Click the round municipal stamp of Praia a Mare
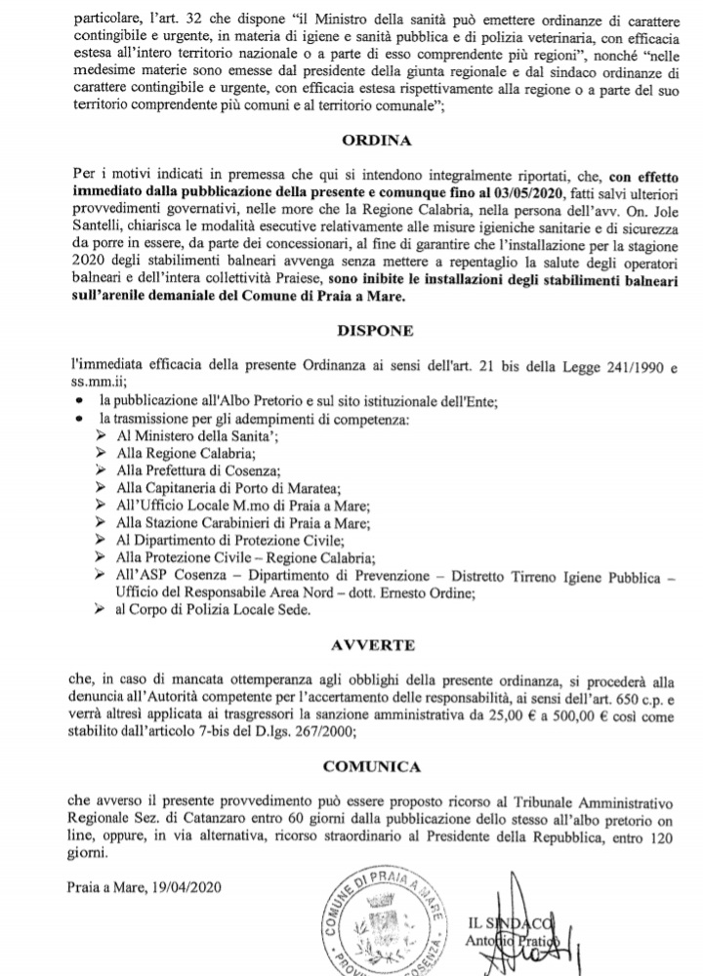pyautogui.click(x=387, y=918)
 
